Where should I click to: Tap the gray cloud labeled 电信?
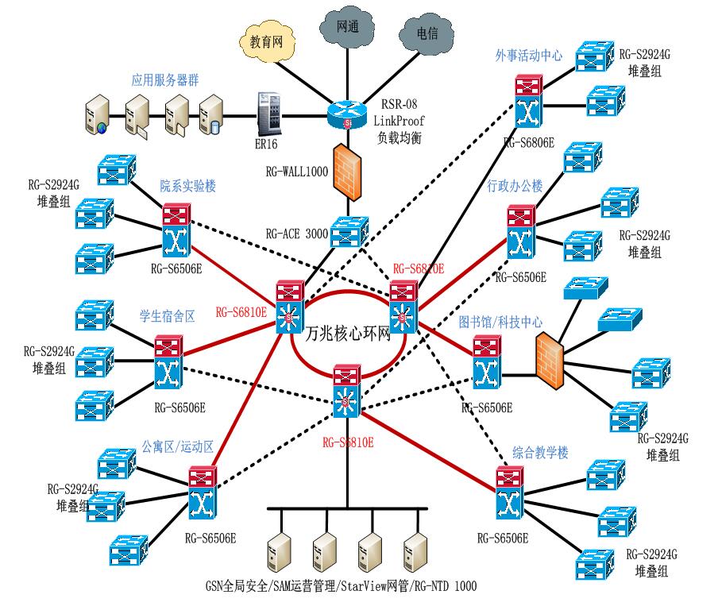point(426,34)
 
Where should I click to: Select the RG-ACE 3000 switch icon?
point(346,232)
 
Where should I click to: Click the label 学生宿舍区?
point(168,316)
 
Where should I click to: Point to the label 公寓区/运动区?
point(177,446)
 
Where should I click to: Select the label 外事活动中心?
point(528,56)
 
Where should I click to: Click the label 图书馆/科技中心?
point(500,322)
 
